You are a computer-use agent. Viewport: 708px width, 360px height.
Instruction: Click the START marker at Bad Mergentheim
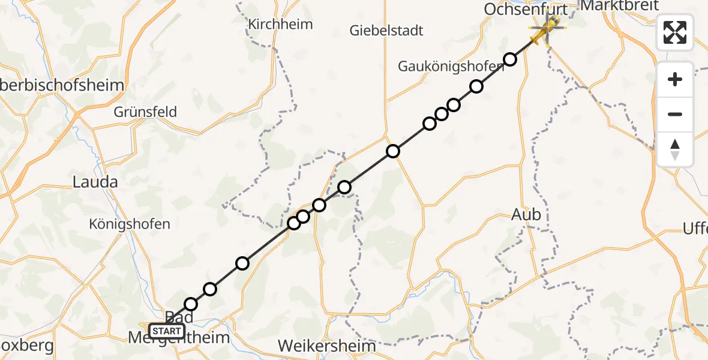click(166, 331)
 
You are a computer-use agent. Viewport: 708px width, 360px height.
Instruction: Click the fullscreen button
click(675, 32)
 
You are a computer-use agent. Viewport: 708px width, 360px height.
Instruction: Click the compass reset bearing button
click(675, 149)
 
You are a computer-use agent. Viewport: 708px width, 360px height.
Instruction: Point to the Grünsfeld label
click(146, 112)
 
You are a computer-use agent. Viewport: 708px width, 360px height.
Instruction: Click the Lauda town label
click(94, 182)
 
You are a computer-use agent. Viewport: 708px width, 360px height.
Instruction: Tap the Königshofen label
click(129, 224)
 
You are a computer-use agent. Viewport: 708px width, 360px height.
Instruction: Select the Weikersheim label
click(327, 346)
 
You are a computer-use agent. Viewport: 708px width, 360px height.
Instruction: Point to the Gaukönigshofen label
click(451, 67)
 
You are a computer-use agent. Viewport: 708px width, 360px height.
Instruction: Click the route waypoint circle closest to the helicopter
click(510, 59)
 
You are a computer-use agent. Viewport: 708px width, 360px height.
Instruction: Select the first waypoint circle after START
click(191, 304)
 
